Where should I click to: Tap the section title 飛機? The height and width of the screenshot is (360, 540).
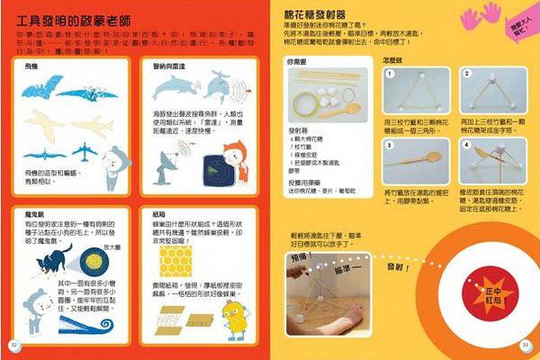click(x=31, y=67)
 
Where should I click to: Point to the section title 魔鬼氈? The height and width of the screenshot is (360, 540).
click(x=35, y=213)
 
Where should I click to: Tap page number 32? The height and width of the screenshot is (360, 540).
click(x=14, y=345)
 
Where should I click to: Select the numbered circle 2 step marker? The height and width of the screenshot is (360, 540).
click(x=467, y=74)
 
